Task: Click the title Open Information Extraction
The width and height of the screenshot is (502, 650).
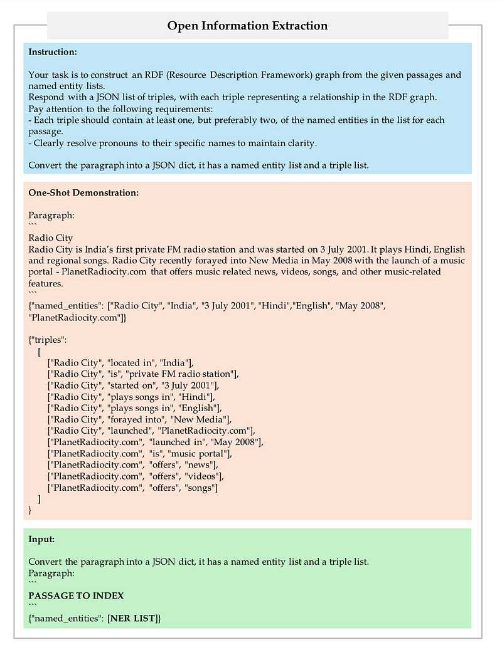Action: click(x=247, y=26)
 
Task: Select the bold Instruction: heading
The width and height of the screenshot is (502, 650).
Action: click(x=53, y=51)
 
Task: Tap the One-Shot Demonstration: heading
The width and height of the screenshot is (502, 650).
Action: click(x=83, y=192)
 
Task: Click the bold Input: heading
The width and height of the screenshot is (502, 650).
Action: click(x=41, y=539)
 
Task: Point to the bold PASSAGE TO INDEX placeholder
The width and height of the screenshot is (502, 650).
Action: click(x=76, y=595)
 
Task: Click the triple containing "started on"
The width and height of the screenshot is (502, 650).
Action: click(x=132, y=385)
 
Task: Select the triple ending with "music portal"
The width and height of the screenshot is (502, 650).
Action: click(x=141, y=453)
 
